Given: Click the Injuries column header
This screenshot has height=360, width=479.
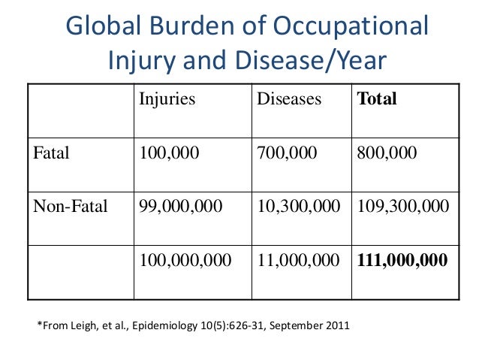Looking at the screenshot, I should pos(167,99).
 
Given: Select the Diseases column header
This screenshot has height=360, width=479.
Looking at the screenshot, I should pos(289,99).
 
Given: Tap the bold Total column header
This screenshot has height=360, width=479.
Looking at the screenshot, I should pos(378,99).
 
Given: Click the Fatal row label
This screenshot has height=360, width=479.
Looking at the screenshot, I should pos(52,153).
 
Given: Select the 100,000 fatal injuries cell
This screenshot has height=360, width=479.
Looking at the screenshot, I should pos(170,153).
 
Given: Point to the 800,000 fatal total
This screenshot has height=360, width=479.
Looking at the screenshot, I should pos(387,153).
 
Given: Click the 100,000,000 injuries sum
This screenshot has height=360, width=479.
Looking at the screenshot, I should pos(185,260).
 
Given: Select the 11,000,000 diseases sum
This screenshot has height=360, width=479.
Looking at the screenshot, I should pos(298,260).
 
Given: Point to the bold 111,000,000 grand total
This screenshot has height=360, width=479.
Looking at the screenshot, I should pos(402,260).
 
